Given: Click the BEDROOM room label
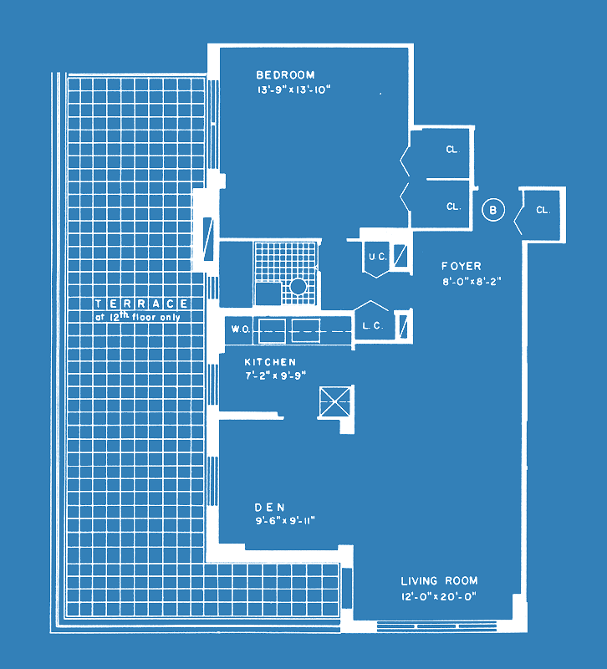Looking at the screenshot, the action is point(285,75).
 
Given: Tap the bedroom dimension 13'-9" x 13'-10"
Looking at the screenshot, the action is point(294,90).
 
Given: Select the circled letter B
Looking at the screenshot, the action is point(493,210).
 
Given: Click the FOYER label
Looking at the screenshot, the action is point(462,266).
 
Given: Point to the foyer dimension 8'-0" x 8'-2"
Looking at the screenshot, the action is point(472,282).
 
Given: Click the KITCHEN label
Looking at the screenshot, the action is point(270,362).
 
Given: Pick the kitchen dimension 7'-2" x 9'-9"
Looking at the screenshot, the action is point(276,375).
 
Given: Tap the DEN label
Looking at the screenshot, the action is point(269,508).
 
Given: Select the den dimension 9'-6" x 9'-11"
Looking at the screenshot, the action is point(285,521).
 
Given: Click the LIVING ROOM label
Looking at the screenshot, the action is point(439,580).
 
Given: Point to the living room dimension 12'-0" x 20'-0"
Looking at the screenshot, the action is point(438,596).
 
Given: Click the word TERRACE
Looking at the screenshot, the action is point(141,304).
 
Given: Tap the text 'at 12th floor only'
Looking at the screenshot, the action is point(137,317).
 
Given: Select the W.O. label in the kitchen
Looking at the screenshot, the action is point(241,329).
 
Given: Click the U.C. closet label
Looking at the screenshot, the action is point(378,257).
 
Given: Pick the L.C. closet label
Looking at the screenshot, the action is point(373,326).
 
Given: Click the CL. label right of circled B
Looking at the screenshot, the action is point(543,210).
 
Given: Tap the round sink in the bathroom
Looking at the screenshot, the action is point(298,286).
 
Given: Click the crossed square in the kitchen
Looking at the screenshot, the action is point(335,401).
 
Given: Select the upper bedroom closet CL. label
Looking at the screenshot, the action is point(453,150).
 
